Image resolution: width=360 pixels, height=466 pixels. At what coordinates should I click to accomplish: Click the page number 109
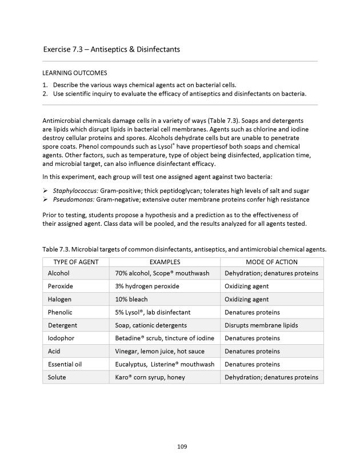(182, 447)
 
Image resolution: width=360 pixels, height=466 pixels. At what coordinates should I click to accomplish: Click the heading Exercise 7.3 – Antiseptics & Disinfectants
(111, 49)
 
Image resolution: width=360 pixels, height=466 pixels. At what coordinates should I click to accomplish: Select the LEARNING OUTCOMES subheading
(75, 73)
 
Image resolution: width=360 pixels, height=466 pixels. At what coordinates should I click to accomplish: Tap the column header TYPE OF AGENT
(75, 261)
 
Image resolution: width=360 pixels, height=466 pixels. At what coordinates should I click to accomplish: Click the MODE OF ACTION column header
(271, 261)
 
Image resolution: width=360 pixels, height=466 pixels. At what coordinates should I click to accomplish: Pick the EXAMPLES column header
(165, 261)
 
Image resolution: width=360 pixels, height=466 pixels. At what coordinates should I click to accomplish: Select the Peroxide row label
(61, 286)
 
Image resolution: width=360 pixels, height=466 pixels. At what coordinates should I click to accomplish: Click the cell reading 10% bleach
(131, 299)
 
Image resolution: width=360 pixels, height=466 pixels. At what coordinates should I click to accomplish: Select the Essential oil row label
(65, 364)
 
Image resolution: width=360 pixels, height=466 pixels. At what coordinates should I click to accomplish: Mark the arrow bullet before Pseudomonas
(46, 200)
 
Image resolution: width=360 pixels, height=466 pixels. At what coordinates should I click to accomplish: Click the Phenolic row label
(61, 312)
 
